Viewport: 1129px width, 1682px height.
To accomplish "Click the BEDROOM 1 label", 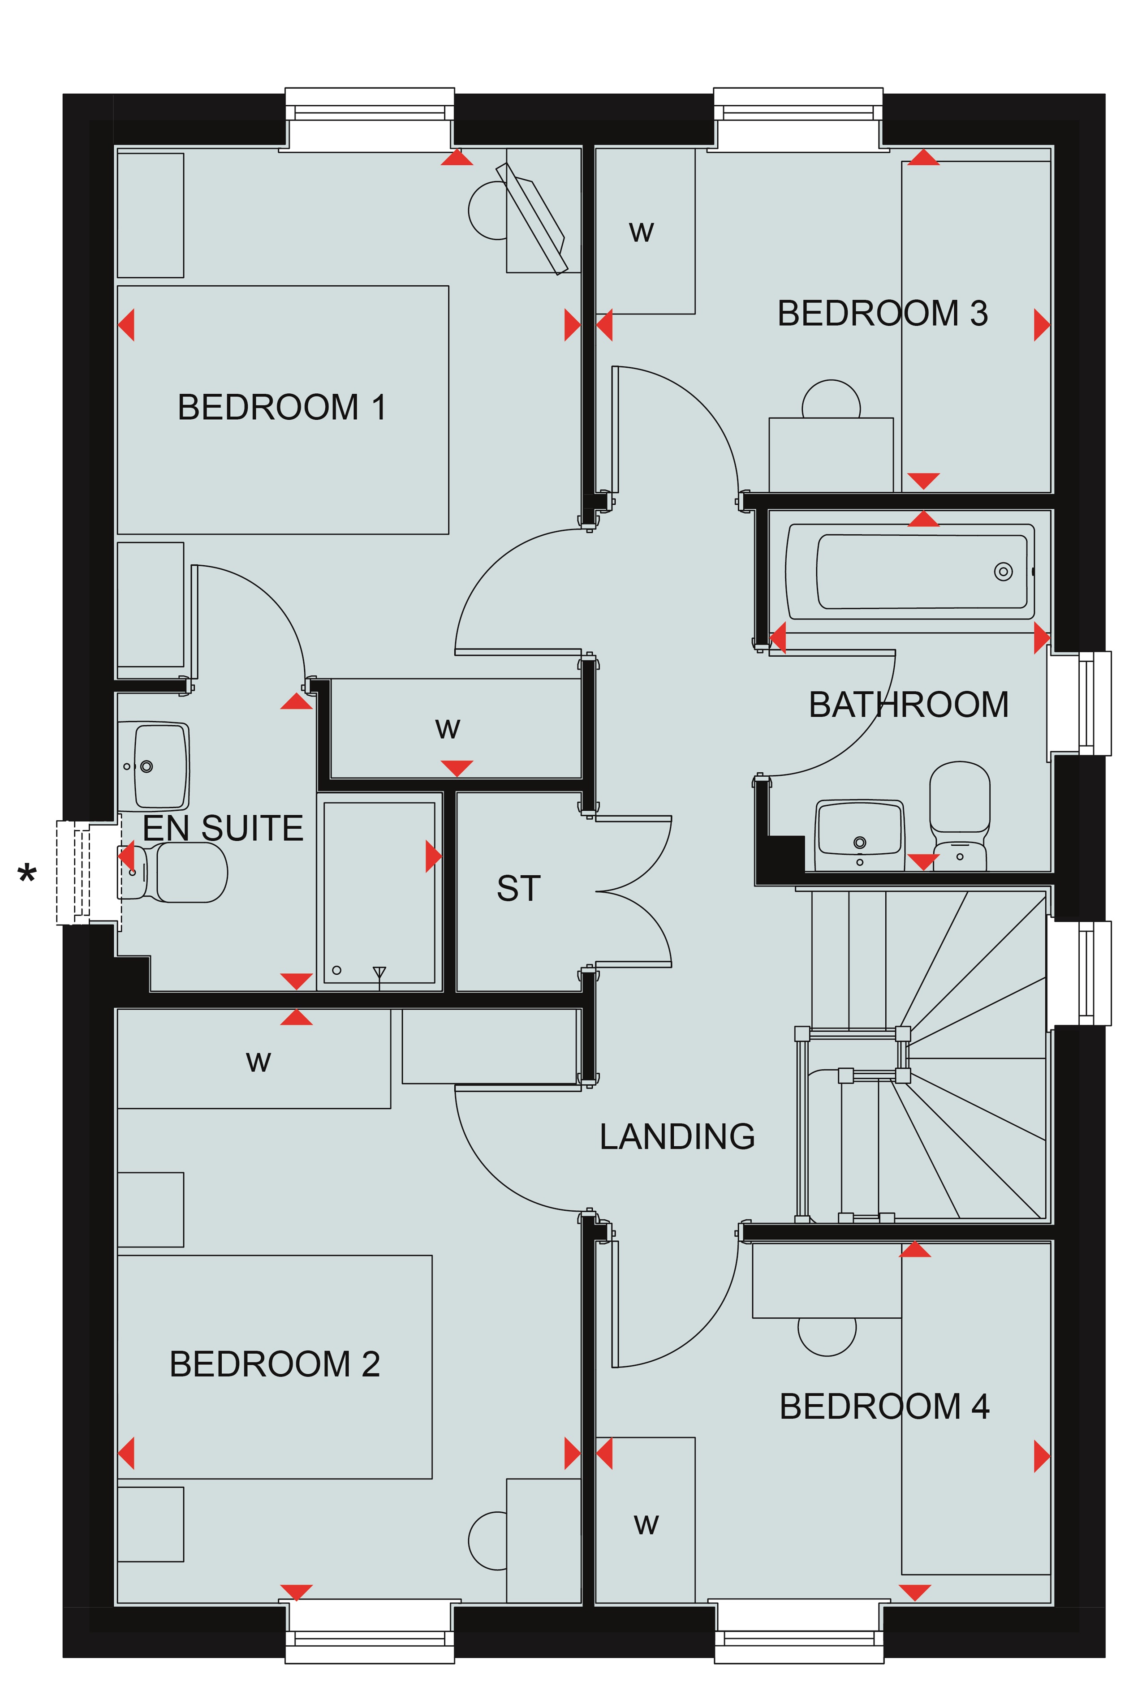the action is point(281,407).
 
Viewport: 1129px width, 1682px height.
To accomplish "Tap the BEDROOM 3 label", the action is point(882,313).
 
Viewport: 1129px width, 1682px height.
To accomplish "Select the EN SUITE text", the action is point(223,828).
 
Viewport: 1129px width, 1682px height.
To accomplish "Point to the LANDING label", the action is point(677,1136).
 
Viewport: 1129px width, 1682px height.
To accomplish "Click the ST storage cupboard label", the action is point(518,888).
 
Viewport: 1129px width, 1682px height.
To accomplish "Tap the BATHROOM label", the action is point(908,705).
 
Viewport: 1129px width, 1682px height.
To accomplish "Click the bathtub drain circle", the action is point(1003,572).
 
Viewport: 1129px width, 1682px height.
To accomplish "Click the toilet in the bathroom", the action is point(960,815).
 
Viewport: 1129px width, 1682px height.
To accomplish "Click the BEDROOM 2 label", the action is point(274,1364).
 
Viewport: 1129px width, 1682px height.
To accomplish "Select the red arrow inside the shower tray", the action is point(434,856).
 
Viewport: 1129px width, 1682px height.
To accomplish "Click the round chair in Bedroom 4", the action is point(827,1336).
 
